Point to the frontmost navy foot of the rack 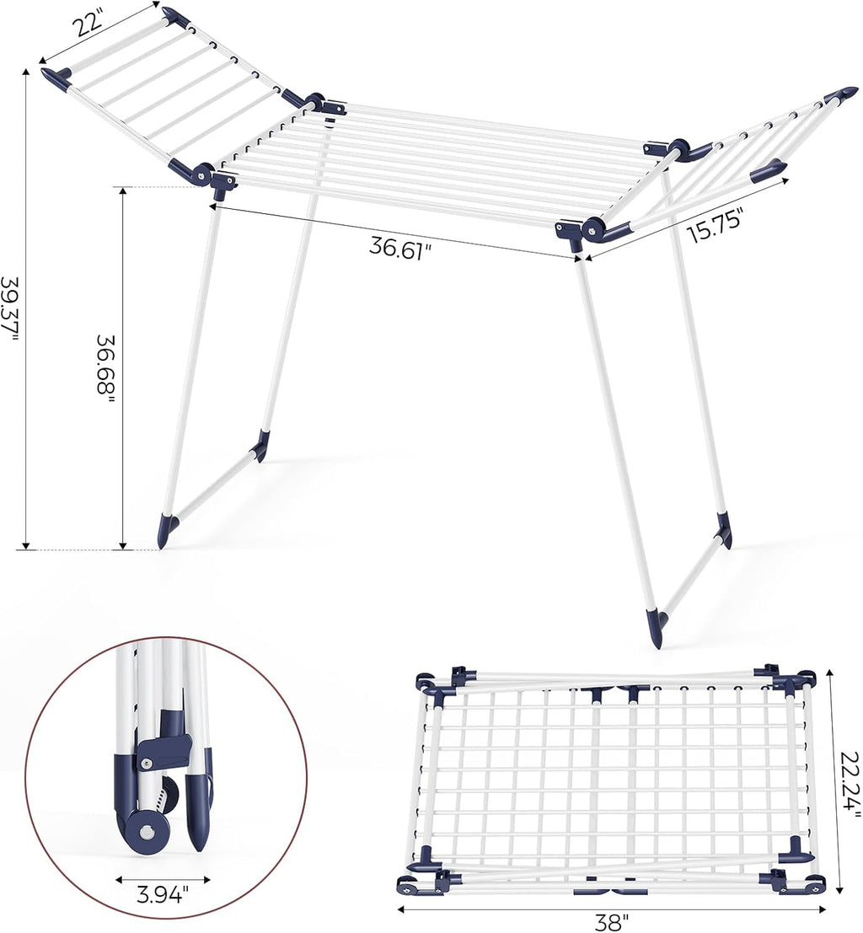tap(656, 628)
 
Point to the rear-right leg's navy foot tap(723, 530)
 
